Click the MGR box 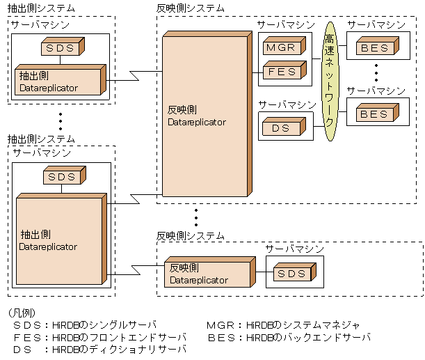pos(281,48)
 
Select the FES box pos(281,71)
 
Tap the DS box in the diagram pos(281,127)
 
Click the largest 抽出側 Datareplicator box pos(58,240)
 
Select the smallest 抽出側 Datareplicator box pos(57,83)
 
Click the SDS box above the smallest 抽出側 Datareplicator pos(61,48)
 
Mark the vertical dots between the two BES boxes pos(376,72)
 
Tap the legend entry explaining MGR pos(283,325)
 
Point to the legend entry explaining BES pos(288,337)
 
